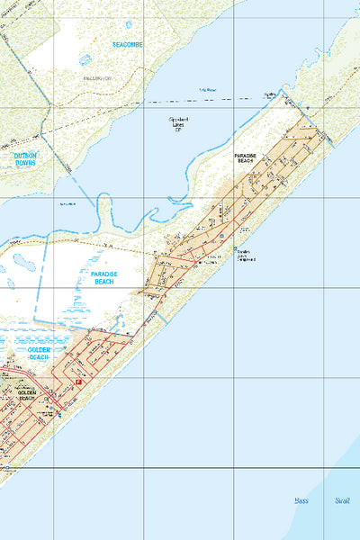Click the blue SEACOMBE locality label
pyautogui.click(x=129, y=43)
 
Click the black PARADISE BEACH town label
pyautogui.click(x=246, y=158)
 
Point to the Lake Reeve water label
pyautogui.click(x=208, y=90)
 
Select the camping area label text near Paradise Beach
pyautogui.click(x=248, y=256)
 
